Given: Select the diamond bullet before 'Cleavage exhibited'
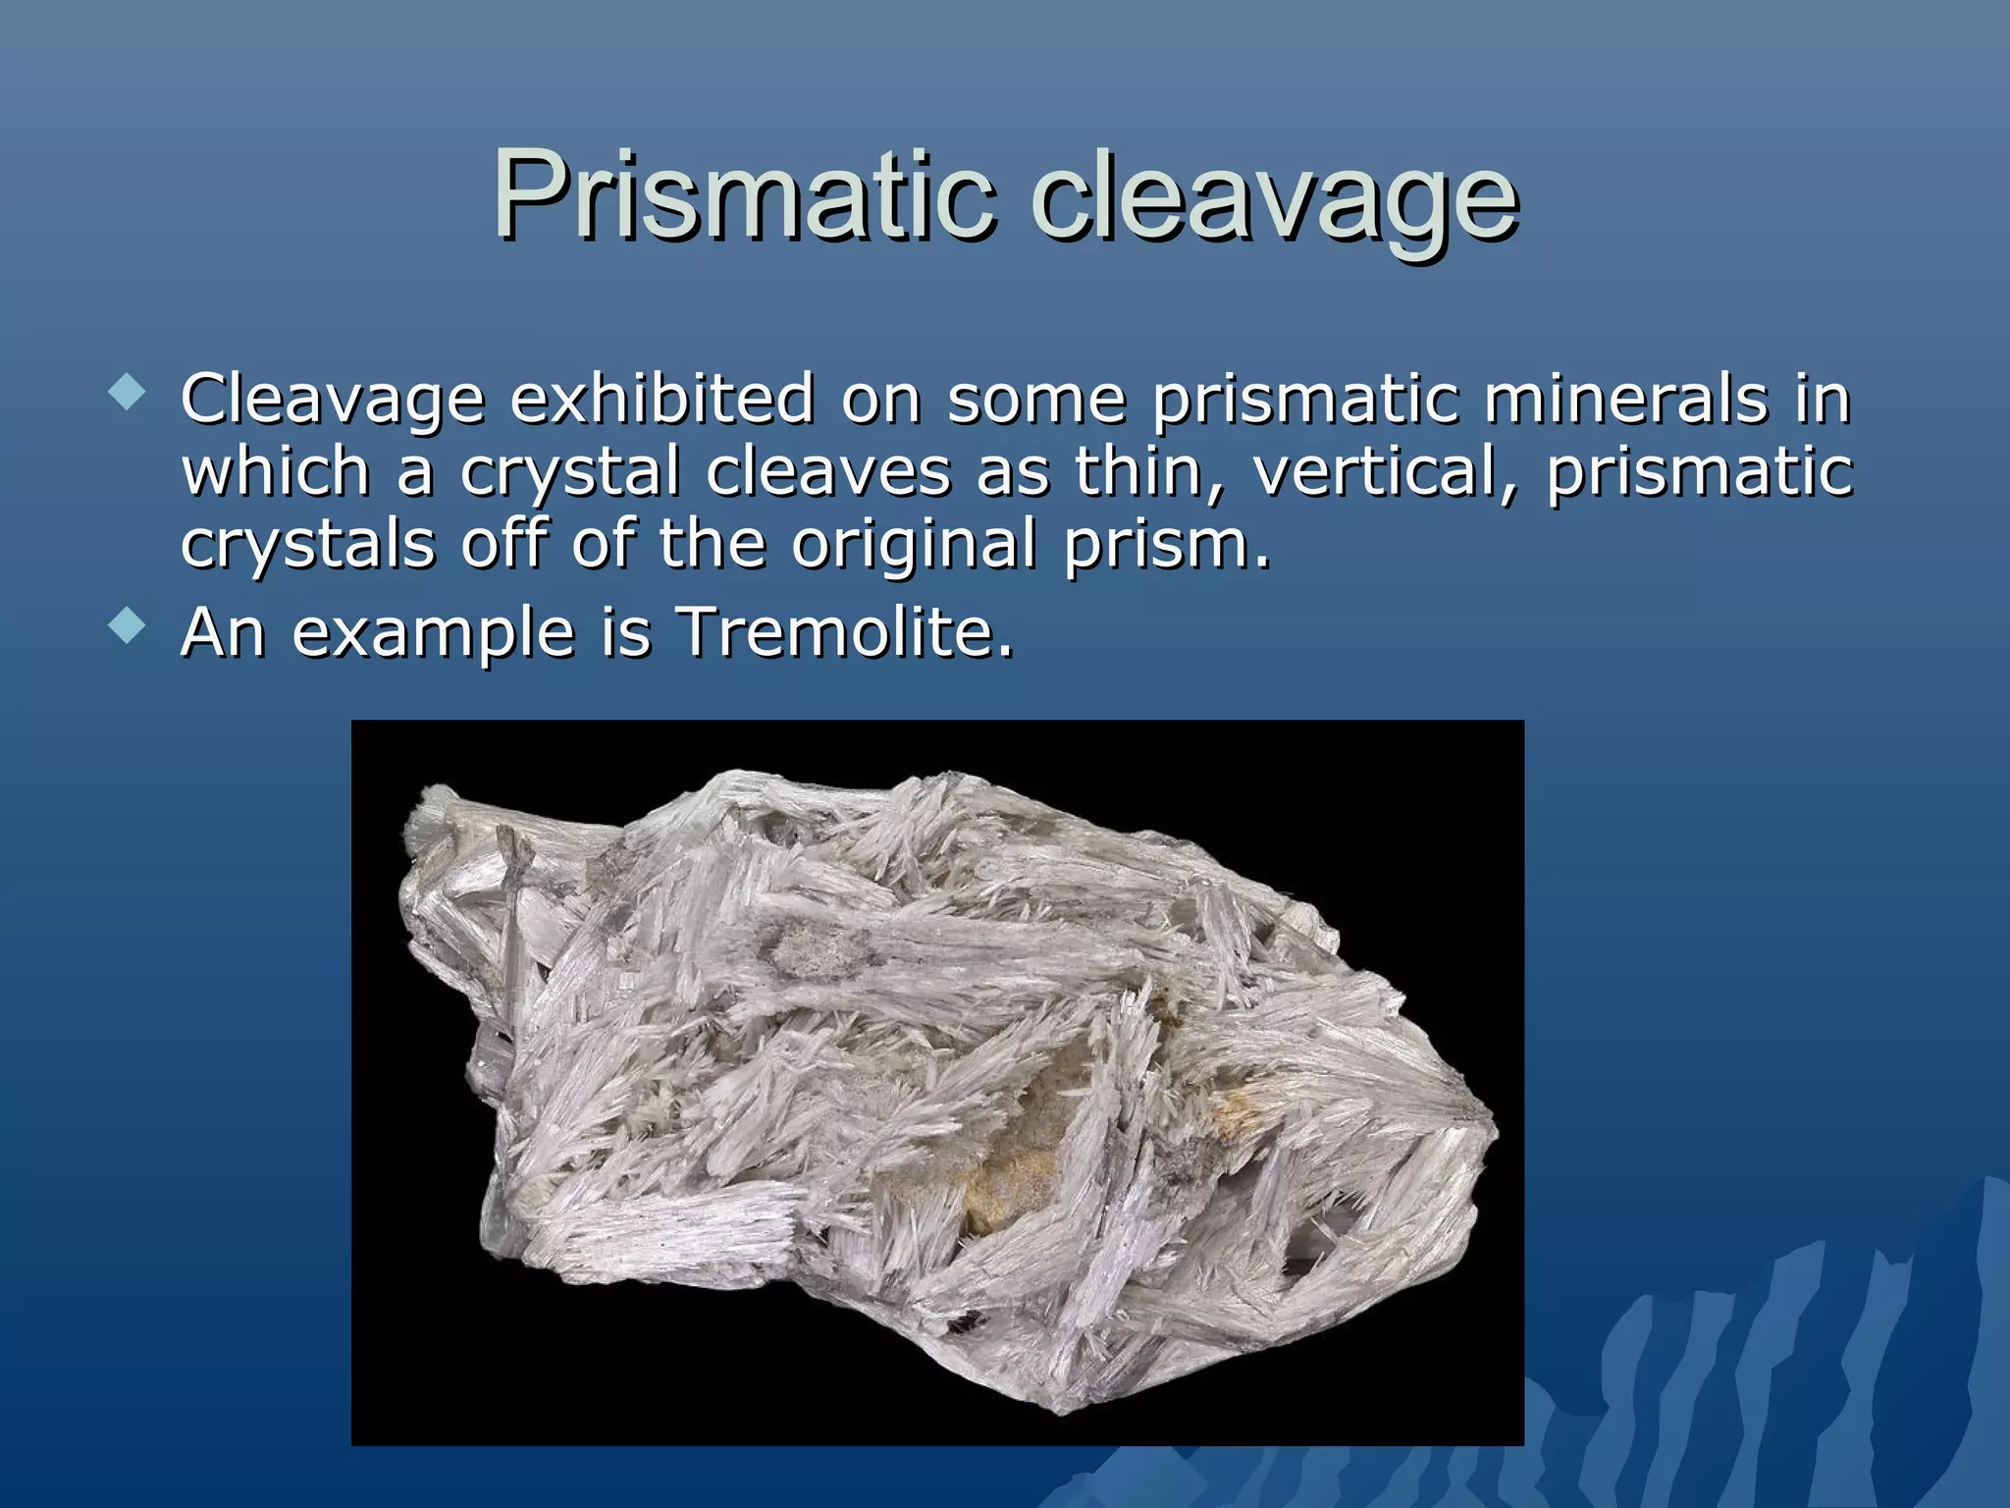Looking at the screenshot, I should (128, 395).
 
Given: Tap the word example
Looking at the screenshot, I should (432, 633).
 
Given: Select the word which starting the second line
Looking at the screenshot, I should (276, 472).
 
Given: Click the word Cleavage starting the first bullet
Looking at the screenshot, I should (333, 402).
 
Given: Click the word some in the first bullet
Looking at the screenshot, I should (1036, 400).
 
